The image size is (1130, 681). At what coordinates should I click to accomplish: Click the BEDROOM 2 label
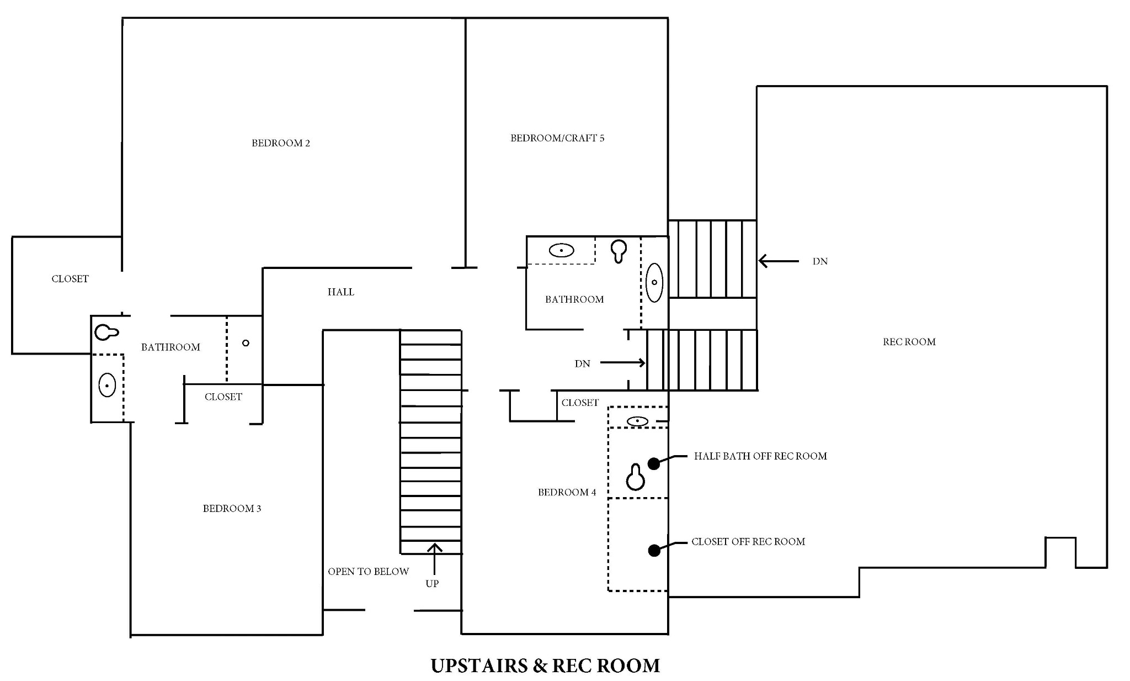click(x=281, y=143)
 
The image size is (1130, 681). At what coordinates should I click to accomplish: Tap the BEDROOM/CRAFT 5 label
click(x=557, y=138)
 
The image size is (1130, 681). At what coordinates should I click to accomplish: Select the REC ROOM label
click(x=909, y=342)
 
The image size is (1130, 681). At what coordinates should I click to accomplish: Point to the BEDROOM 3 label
click(x=232, y=509)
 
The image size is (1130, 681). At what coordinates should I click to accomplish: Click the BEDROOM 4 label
click(x=567, y=493)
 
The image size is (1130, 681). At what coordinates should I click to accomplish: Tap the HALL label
click(x=341, y=292)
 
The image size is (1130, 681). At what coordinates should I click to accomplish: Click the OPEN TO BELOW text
click(x=369, y=572)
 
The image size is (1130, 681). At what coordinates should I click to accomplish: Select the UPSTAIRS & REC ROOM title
click(x=545, y=666)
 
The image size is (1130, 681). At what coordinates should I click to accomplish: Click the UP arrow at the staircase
click(x=435, y=559)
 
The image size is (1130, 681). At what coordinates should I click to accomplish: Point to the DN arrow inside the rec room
click(x=779, y=261)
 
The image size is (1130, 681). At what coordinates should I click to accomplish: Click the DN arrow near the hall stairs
click(x=623, y=363)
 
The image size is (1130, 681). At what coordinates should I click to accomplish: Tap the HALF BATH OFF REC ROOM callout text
click(x=760, y=456)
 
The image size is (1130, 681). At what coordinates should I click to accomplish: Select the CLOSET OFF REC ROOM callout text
click(x=748, y=542)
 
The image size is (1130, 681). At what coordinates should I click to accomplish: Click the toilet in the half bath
click(x=636, y=477)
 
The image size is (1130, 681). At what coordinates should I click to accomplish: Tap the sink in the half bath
click(x=638, y=421)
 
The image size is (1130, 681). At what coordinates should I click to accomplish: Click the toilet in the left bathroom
click(x=106, y=332)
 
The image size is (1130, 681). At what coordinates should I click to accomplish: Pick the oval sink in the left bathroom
click(x=107, y=385)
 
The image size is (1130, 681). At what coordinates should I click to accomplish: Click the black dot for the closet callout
click(x=654, y=550)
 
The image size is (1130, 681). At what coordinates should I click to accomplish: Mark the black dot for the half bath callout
click(x=654, y=464)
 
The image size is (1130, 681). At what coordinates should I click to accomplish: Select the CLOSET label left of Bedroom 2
click(x=70, y=279)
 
